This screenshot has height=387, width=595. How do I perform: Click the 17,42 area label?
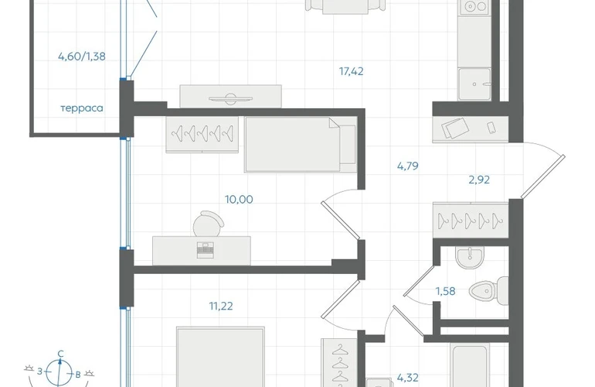[x=351, y=71]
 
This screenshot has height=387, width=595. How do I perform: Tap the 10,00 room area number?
[x=239, y=199]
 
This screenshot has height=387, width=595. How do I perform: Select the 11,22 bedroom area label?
[x=221, y=306]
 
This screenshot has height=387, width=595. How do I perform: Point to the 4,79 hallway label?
[x=407, y=166]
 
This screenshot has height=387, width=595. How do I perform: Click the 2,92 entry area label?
[x=479, y=180]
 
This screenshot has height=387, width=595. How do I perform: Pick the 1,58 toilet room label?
[x=445, y=291]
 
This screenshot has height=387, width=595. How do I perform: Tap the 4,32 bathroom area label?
[x=407, y=378]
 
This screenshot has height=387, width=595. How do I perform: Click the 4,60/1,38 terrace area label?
[x=82, y=57]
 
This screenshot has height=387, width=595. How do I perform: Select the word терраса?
[x=82, y=108]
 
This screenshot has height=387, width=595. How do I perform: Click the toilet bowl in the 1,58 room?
[x=488, y=291]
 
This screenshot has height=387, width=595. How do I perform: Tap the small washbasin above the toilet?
[x=470, y=257]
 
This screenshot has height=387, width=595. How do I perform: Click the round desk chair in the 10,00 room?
[x=208, y=224]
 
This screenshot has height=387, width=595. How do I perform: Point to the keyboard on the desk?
[x=206, y=250]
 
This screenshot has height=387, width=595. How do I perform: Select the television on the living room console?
[x=230, y=98]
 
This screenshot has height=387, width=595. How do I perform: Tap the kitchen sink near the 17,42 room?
[x=474, y=84]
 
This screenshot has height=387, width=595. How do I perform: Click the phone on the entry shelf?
[x=491, y=128]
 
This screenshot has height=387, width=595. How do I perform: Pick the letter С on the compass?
[x=60, y=354]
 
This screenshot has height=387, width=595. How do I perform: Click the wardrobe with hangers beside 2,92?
[x=471, y=221]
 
